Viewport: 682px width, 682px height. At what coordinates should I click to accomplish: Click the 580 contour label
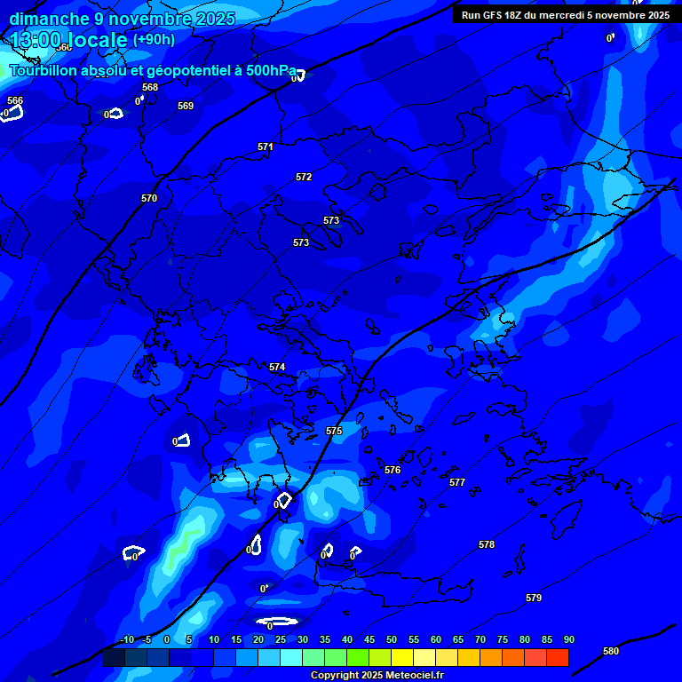(611, 651)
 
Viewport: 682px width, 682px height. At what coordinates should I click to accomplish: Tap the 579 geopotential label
(534, 598)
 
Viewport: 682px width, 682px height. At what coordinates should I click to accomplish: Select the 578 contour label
(487, 544)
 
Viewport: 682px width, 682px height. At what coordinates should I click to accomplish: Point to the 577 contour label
(457, 482)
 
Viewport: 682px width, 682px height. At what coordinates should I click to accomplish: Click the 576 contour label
(393, 470)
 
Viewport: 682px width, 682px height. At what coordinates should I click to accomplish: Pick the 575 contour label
(334, 431)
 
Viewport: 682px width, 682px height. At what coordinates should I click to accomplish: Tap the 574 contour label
(277, 367)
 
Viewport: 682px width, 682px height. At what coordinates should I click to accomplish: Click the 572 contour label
(304, 177)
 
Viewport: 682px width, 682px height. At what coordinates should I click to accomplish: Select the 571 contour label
(266, 147)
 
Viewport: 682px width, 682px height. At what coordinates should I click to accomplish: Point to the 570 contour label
(149, 198)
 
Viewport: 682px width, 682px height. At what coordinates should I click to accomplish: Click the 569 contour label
(186, 106)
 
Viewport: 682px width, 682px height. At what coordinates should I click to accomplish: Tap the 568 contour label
(150, 87)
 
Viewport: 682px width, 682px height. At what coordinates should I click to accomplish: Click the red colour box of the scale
(558, 658)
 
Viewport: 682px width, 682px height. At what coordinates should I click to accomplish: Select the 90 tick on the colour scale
(569, 639)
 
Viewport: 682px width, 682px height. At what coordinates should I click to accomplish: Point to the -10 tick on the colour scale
(126, 639)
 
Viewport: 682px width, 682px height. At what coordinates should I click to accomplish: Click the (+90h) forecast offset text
(154, 39)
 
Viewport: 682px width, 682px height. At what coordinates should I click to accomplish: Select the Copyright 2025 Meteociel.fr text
(377, 675)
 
